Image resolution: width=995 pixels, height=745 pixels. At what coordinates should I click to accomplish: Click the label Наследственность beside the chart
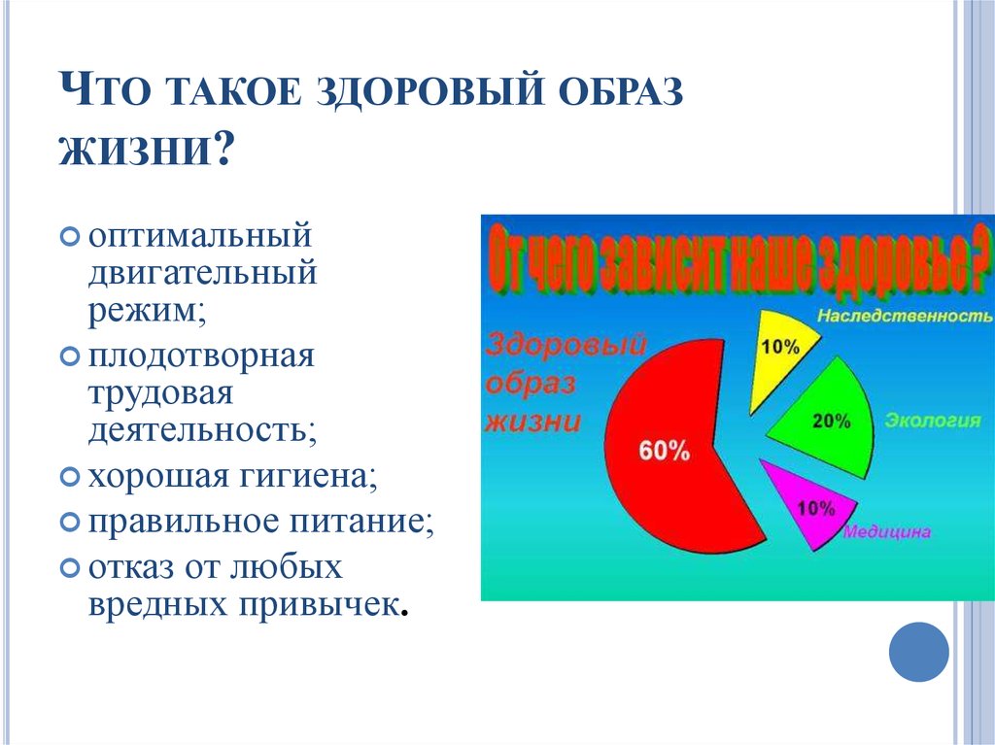coord(905,316)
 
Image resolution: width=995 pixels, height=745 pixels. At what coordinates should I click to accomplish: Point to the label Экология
coord(933,420)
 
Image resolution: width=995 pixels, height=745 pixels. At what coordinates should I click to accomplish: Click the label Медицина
coord(886,531)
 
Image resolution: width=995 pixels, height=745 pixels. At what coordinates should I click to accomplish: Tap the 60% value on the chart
coord(664,451)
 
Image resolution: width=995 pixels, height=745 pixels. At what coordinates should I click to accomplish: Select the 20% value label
coord(832,421)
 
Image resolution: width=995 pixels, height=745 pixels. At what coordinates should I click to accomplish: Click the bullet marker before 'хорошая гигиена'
coord(70,475)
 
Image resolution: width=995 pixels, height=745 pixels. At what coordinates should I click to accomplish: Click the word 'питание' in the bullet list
coord(362,522)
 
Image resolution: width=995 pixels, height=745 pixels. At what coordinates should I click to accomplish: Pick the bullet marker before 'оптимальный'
coord(70,237)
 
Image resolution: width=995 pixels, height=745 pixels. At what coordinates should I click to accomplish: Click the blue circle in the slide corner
coord(918,652)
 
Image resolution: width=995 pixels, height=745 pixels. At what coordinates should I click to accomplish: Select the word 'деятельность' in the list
coord(202,429)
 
